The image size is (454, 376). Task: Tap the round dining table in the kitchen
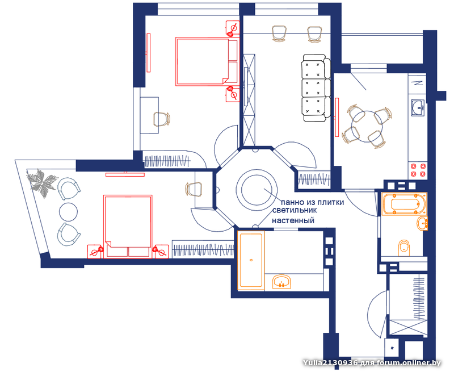pyautogui.click(x=367, y=126)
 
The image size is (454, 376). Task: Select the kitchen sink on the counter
pyautogui.click(x=418, y=108)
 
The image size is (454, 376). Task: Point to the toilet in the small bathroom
pyautogui.click(x=404, y=248)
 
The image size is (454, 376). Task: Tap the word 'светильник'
pyautogui.click(x=294, y=210)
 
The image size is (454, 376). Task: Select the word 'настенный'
pyautogui.click(x=293, y=220)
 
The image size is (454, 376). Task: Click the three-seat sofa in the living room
pyautogui.click(x=316, y=88)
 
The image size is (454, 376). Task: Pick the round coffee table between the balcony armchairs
pyautogui.click(x=68, y=212)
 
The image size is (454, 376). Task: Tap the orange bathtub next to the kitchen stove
pyautogui.click(x=404, y=204)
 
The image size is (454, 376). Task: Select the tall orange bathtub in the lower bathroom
pyautogui.click(x=251, y=260)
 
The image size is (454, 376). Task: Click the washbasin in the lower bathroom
pyautogui.click(x=281, y=282)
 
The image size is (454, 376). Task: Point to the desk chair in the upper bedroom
pyautogui.click(x=161, y=119)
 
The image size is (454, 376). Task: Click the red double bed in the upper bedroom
pyautogui.click(x=207, y=61)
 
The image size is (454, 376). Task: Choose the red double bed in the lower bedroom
pyautogui.click(x=128, y=227)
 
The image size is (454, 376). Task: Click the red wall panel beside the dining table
pyautogui.click(x=337, y=117)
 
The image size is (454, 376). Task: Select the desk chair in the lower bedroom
pyautogui.click(x=194, y=189)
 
